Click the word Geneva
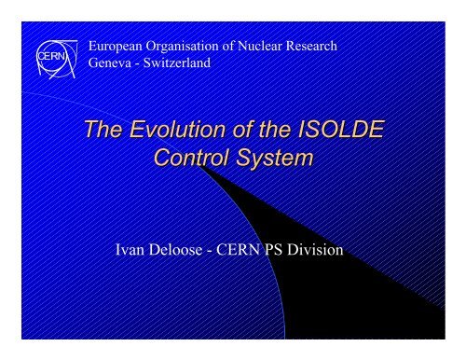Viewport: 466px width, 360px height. [x=111, y=63]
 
